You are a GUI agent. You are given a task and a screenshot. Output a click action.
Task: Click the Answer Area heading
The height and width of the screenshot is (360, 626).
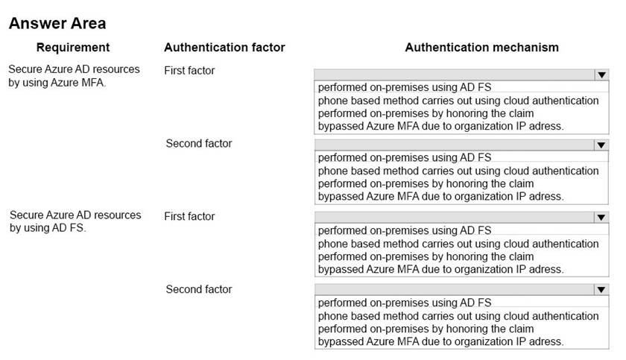point(57,23)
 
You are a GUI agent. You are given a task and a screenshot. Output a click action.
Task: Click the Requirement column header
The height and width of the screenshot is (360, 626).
point(73,48)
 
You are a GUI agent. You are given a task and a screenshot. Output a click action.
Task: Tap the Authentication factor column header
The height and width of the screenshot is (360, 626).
point(224,48)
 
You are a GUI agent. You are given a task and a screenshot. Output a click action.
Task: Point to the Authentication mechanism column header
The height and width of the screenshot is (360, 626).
point(481,48)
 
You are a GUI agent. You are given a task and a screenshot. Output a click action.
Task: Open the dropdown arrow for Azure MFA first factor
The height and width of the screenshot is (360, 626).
point(601,75)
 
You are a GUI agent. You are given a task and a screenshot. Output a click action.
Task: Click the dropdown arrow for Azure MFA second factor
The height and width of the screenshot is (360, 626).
point(601,145)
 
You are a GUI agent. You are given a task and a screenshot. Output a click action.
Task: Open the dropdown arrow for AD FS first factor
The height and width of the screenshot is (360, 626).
point(601,218)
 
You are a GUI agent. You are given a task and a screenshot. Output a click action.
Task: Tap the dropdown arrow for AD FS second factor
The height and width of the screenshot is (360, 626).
point(601,290)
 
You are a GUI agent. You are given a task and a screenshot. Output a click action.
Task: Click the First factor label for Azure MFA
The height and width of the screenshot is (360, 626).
point(189,71)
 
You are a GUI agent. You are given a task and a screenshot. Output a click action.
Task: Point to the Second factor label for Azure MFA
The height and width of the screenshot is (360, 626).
point(199,143)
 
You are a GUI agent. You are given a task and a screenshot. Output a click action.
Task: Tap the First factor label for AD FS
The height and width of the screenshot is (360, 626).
point(189,216)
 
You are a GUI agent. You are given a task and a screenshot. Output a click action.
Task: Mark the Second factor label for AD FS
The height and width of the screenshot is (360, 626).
point(199,289)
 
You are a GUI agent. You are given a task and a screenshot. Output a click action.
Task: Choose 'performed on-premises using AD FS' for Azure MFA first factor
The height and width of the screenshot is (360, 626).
point(405,87)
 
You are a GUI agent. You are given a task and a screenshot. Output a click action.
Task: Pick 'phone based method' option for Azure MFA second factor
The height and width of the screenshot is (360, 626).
point(458,171)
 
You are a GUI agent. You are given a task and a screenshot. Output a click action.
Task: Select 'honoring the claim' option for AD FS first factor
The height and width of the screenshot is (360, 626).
point(426,256)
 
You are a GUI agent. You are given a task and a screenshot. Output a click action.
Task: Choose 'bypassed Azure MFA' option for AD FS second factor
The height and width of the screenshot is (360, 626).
point(440,341)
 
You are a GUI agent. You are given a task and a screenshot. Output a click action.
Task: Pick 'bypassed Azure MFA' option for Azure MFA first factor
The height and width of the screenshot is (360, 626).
point(440,126)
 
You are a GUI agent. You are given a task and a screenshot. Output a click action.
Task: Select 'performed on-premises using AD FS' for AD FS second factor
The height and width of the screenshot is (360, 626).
point(405,303)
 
